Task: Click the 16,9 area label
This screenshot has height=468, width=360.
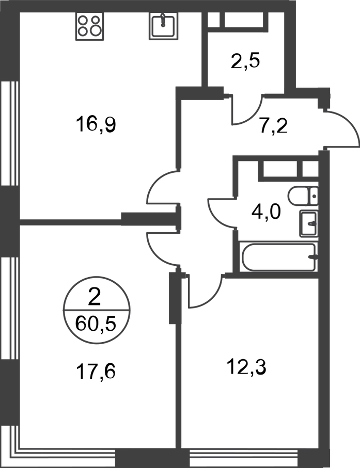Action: pos(96,124)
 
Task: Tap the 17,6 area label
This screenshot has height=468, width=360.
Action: pos(96,372)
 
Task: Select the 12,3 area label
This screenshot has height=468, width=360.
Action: pos(246,367)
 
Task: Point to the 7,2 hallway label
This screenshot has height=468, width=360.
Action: pos(273,127)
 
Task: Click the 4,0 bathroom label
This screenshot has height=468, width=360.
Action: pos(265,212)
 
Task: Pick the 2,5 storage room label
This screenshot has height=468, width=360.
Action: pos(245,60)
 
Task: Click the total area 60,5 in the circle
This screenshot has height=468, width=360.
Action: pos(96,324)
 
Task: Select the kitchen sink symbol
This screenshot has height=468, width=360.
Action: pos(163,26)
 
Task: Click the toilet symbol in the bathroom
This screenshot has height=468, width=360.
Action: pos(303,196)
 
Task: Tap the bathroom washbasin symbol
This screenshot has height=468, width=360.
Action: pos(309,223)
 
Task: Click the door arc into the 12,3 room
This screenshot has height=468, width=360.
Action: pos(215,297)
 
